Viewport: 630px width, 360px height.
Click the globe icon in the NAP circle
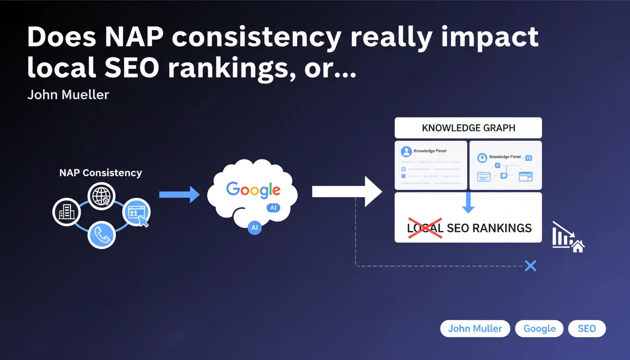click(x=101, y=196)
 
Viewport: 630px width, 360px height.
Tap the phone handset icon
click(x=102, y=235)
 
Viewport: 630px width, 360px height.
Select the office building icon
click(x=67, y=212)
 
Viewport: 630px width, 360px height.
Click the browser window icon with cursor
click(x=137, y=212)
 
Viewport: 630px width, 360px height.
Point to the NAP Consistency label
click(x=100, y=172)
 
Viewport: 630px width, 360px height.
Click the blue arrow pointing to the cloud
click(x=180, y=195)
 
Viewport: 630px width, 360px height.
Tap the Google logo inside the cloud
click(x=253, y=189)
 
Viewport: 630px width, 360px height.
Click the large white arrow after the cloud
click(x=347, y=192)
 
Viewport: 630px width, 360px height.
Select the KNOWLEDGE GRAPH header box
click(x=468, y=127)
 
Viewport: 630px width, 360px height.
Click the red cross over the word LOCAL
click(x=425, y=228)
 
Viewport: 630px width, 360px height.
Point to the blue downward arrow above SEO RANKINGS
click(x=468, y=202)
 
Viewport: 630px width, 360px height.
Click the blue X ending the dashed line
click(x=531, y=266)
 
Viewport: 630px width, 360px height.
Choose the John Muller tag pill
click(x=475, y=329)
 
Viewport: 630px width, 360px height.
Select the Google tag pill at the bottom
click(x=539, y=329)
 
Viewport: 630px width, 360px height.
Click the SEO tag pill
click(x=587, y=329)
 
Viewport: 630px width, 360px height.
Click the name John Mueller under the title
click(x=68, y=95)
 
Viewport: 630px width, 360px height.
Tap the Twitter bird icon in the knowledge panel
click(x=504, y=175)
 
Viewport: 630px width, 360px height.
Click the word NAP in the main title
click(x=134, y=37)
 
